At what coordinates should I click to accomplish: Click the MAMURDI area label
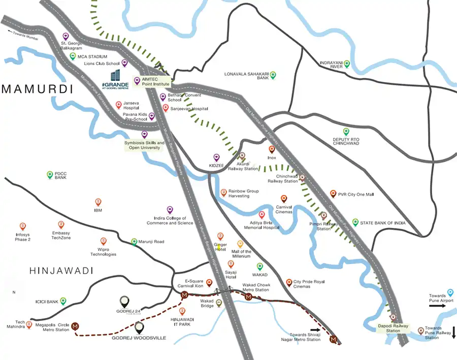37,89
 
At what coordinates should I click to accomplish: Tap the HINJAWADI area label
47,271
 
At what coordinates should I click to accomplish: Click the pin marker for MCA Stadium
73,56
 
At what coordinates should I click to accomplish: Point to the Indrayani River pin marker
347,63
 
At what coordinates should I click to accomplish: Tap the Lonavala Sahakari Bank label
246,76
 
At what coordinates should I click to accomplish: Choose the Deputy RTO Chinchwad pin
346,132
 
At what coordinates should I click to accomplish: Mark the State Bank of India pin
355,222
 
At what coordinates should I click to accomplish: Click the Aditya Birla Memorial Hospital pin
262,215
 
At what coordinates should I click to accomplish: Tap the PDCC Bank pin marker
50,175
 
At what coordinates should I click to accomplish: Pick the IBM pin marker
98,202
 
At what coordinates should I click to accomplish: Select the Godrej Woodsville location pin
139,328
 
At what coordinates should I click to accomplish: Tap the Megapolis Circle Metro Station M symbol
75,326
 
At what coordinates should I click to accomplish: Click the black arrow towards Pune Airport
437,306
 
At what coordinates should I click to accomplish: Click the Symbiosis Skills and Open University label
144,145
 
